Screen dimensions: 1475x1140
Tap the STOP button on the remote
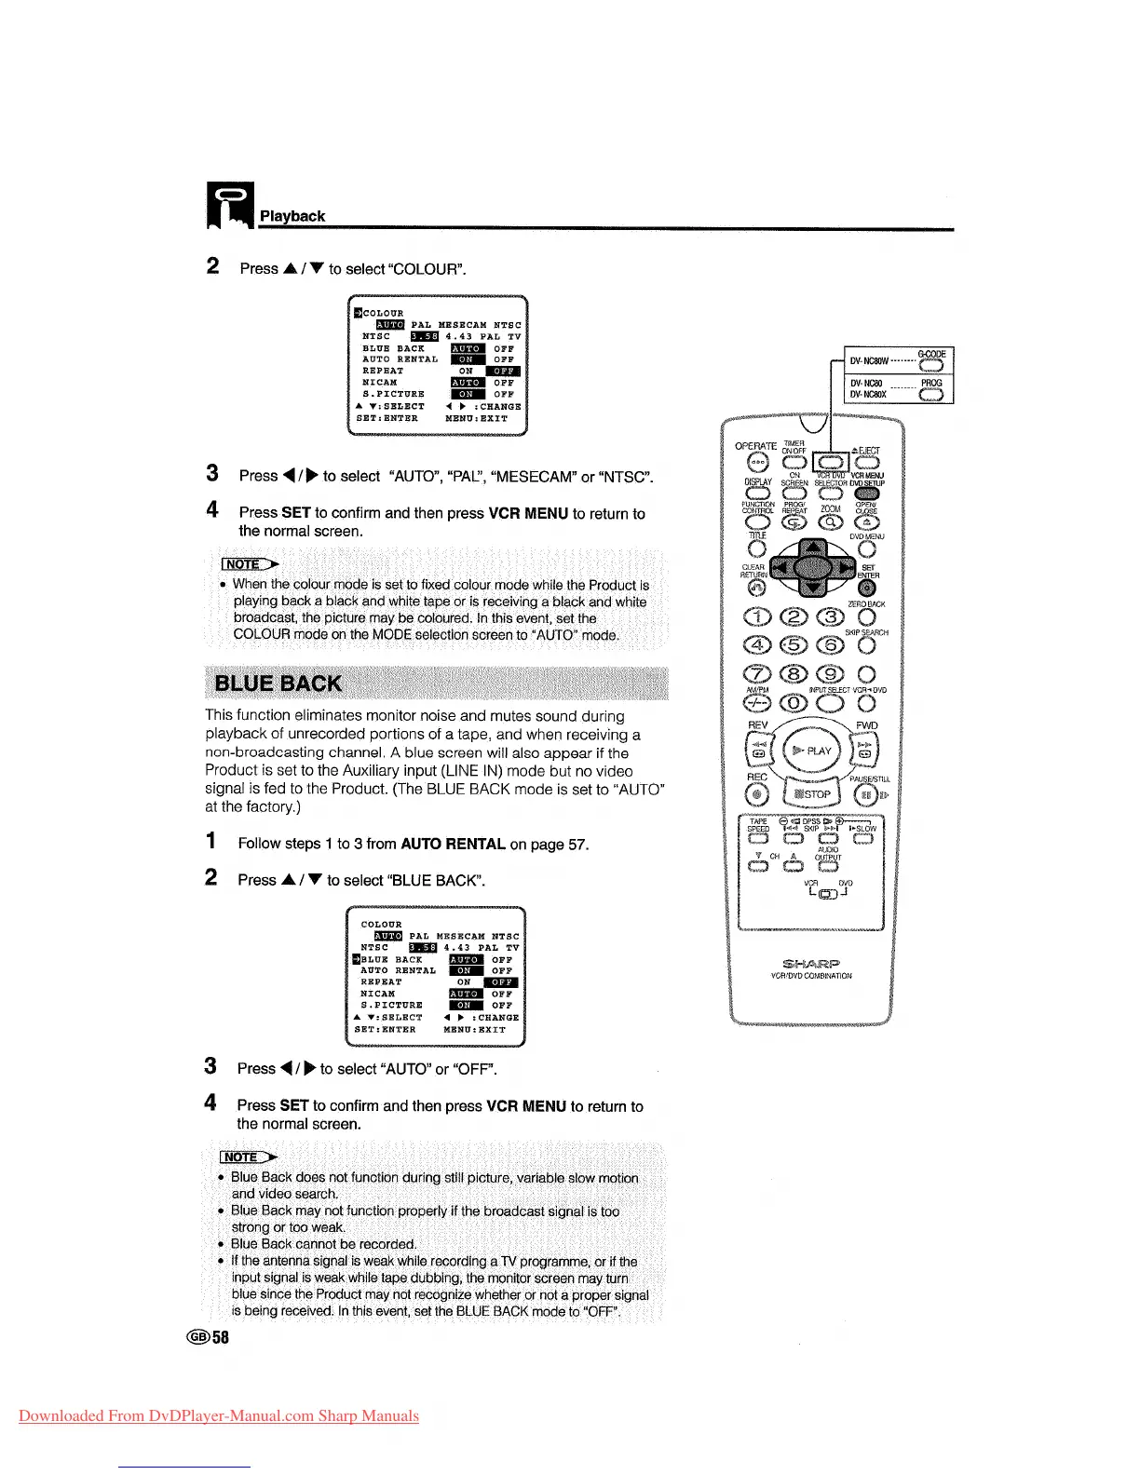point(813,794)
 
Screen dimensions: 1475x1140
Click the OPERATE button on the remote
point(757,463)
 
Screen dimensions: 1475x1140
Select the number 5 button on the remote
point(794,644)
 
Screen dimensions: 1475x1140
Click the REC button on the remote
point(758,794)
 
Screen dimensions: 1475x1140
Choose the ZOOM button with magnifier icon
point(830,524)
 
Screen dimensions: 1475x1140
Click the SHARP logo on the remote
point(811,964)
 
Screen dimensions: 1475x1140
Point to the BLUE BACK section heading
point(278,683)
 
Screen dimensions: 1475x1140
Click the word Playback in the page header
point(292,216)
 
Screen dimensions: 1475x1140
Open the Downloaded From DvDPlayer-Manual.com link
point(219,1416)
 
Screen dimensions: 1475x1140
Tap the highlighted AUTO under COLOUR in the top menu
point(389,325)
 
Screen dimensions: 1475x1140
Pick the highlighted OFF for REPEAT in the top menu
point(503,371)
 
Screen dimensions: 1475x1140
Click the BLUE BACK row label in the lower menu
point(391,959)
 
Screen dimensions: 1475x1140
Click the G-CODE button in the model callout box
point(930,364)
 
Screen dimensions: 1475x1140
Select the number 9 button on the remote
point(830,673)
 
